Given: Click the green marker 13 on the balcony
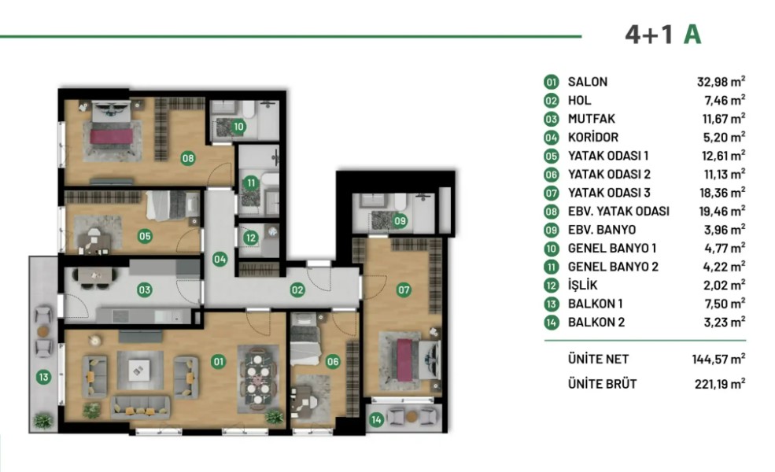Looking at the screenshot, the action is [x=43, y=377].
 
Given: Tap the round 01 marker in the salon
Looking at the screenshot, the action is [x=219, y=362].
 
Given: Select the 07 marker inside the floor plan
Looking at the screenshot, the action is [x=404, y=289].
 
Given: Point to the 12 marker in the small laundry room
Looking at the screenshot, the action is [x=250, y=238].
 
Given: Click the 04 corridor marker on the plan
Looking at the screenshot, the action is [x=220, y=259].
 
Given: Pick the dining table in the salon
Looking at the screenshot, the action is [x=258, y=378].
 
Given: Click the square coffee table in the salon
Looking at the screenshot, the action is [x=139, y=370].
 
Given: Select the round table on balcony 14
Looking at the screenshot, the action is [x=411, y=417].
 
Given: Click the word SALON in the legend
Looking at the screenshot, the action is [x=587, y=82].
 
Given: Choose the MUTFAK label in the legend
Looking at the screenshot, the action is [x=591, y=119].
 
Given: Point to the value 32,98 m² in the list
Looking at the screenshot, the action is [x=721, y=82].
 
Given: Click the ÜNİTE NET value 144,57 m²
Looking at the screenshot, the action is [x=718, y=359].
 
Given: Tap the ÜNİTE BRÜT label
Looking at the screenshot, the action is [x=602, y=384].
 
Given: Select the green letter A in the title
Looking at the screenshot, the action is [x=692, y=35].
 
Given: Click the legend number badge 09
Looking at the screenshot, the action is [x=551, y=230].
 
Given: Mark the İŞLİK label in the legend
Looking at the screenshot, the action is [x=582, y=285].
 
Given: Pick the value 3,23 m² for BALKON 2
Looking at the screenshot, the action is [x=724, y=323].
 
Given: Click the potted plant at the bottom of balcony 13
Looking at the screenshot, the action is [x=43, y=421].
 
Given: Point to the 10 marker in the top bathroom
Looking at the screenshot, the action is [x=238, y=127].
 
